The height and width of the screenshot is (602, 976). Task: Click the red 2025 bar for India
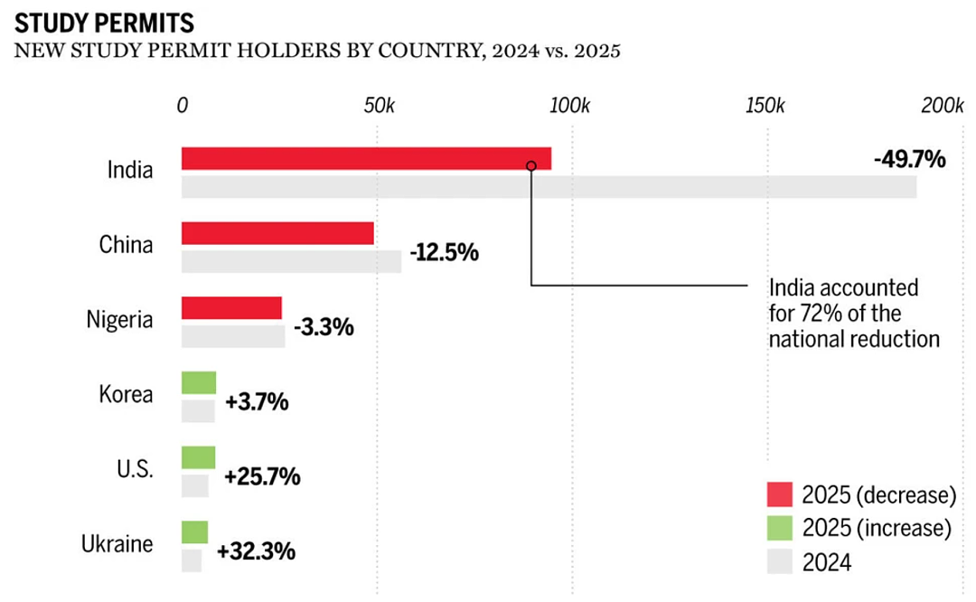click(x=366, y=158)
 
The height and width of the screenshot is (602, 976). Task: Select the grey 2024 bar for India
click(x=549, y=187)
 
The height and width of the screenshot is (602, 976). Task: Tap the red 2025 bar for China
click(x=277, y=233)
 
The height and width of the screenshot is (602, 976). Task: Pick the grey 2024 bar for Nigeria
click(x=233, y=336)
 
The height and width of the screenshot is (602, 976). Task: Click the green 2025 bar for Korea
click(x=199, y=382)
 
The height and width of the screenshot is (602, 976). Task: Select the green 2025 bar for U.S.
click(x=199, y=457)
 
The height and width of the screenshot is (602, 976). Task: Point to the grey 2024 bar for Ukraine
click(x=192, y=560)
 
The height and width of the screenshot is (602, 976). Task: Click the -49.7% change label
click(x=909, y=159)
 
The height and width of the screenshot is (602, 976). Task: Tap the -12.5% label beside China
click(x=445, y=252)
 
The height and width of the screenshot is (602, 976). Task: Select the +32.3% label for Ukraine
click(x=256, y=551)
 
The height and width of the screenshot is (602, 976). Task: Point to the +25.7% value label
click(x=262, y=476)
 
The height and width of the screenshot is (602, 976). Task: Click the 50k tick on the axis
click(x=379, y=105)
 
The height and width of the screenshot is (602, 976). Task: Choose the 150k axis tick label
click(x=765, y=105)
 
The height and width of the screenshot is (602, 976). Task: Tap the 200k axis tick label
click(x=943, y=105)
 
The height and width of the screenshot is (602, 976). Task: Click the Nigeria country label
click(x=119, y=319)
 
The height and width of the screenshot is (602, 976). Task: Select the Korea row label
click(x=126, y=394)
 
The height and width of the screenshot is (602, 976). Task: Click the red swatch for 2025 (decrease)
click(x=780, y=494)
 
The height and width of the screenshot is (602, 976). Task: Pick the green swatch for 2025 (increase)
click(x=780, y=528)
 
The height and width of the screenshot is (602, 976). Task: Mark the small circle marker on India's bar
click(x=531, y=165)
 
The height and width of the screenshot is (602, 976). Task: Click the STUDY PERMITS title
click(x=105, y=24)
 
